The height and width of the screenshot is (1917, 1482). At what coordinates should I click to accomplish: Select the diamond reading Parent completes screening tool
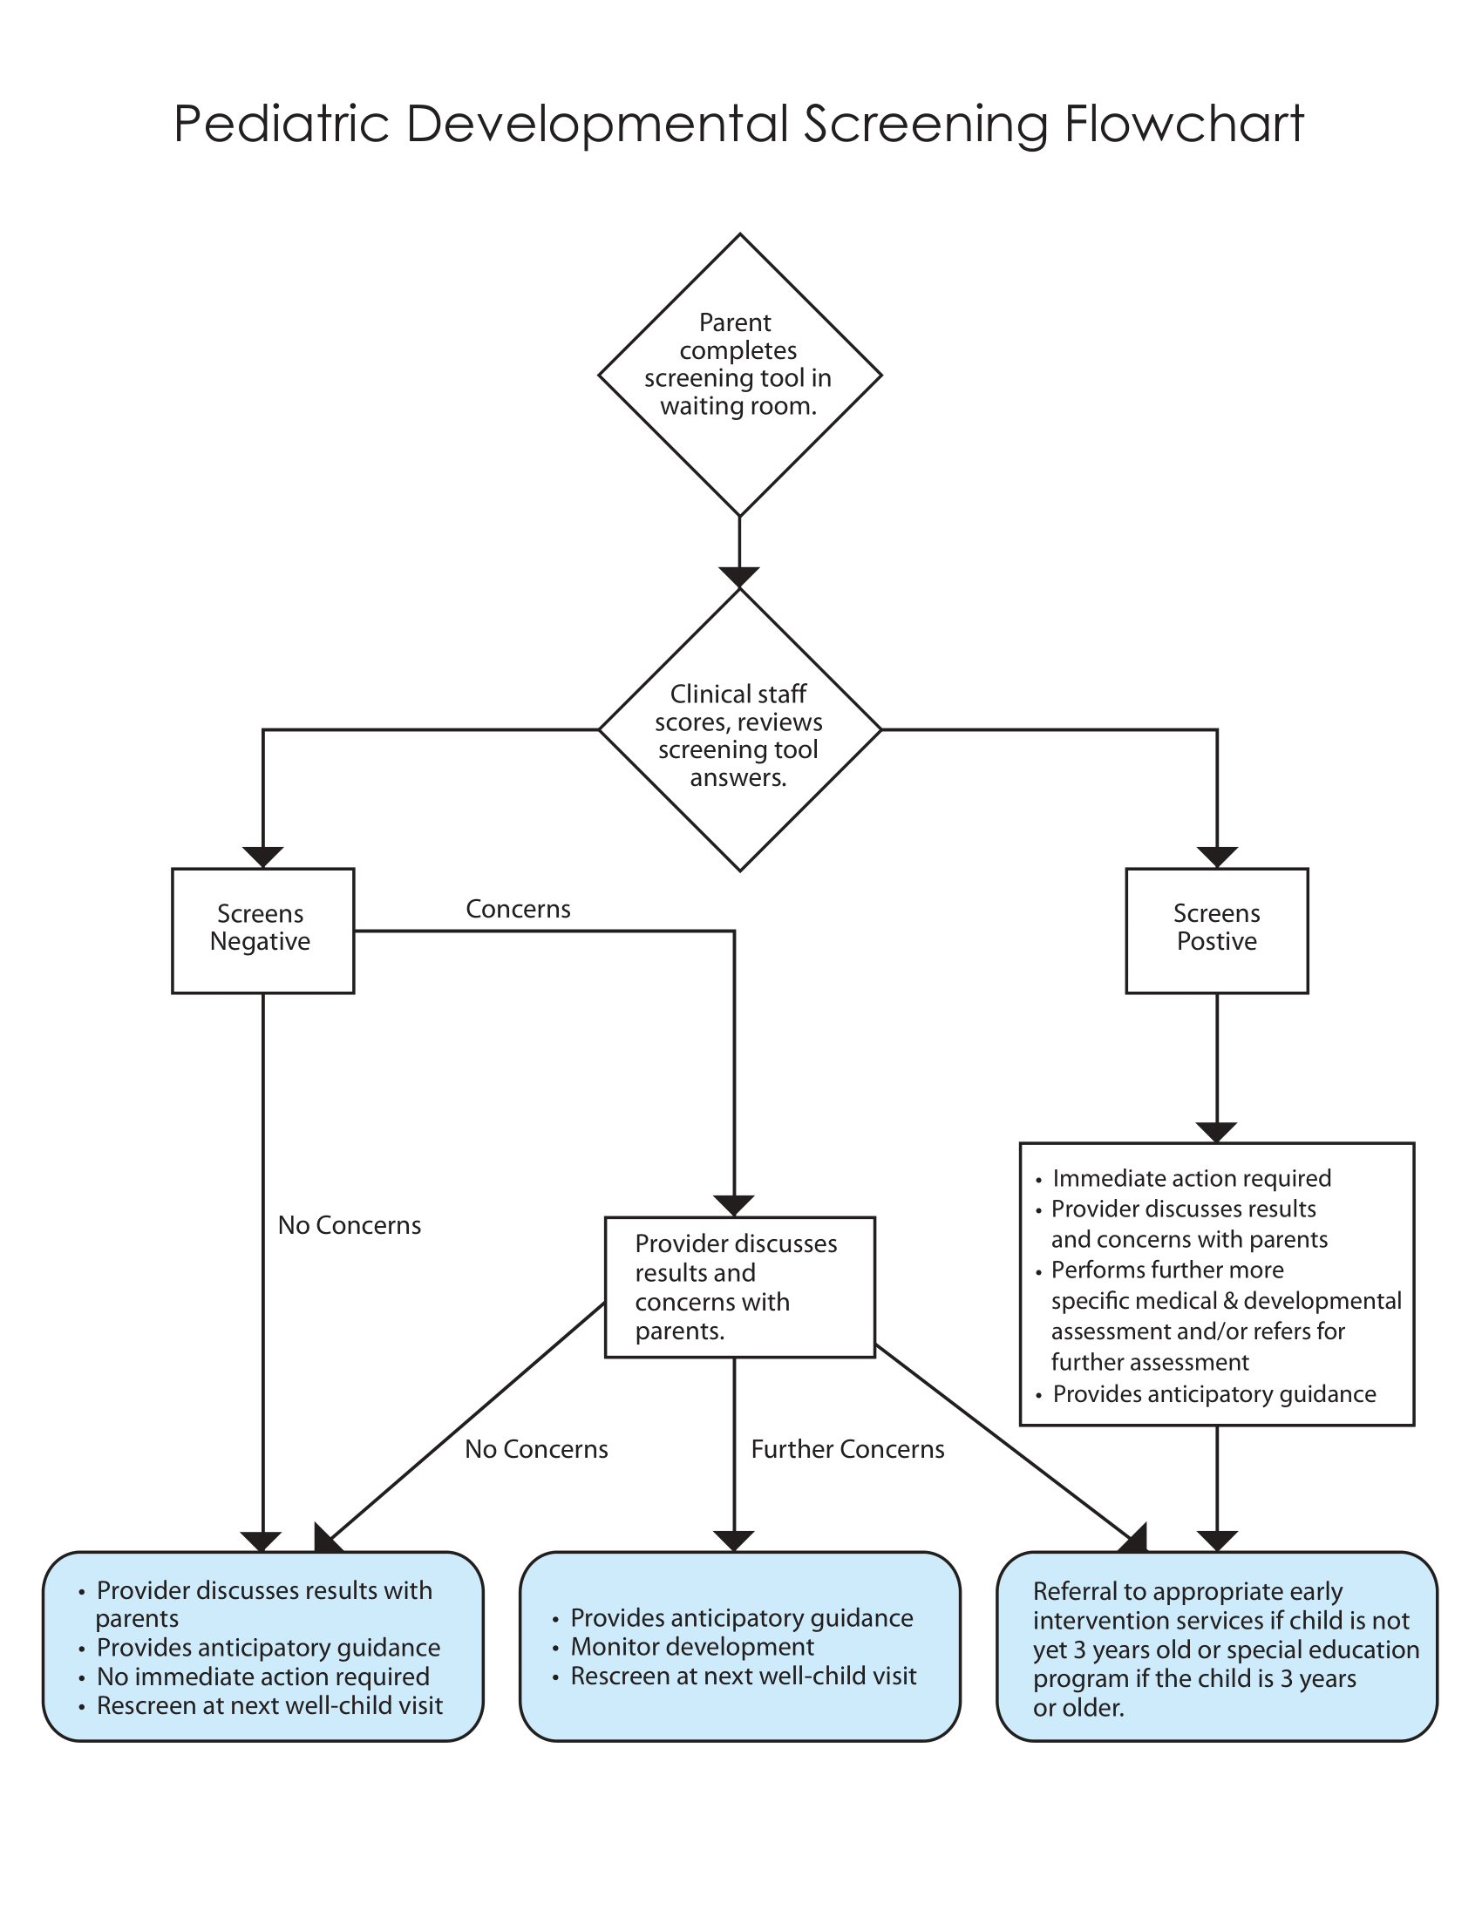[739, 374]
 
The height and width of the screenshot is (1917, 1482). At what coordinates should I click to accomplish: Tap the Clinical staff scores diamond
[739, 730]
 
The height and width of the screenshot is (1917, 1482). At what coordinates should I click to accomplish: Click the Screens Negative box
[262, 931]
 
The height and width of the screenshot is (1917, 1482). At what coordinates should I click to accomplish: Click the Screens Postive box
[1216, 931]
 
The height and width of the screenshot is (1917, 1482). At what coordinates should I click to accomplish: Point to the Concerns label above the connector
[518, 909]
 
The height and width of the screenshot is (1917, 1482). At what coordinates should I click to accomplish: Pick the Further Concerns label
[847, 1448]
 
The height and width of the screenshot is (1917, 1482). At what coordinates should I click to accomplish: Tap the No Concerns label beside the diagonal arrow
[536, 1448]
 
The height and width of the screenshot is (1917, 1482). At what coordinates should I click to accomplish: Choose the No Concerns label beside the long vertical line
[350, 1224]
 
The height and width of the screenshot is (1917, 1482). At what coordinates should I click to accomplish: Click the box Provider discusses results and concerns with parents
[739, 1287]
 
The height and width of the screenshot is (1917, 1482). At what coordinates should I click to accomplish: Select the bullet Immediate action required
[1192, 1178]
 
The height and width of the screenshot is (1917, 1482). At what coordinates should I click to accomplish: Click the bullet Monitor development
[692, 1646]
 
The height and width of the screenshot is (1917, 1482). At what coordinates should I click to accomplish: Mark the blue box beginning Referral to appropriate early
[1216, 1647]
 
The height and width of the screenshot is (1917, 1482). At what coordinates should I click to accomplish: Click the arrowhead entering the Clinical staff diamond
[739, 577]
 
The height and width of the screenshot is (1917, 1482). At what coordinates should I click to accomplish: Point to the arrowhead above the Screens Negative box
[262, 857]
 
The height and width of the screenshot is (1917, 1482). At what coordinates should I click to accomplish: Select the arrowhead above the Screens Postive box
[1216, 857]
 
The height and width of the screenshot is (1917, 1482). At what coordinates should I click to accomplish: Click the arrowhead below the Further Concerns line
[734, 1541]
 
